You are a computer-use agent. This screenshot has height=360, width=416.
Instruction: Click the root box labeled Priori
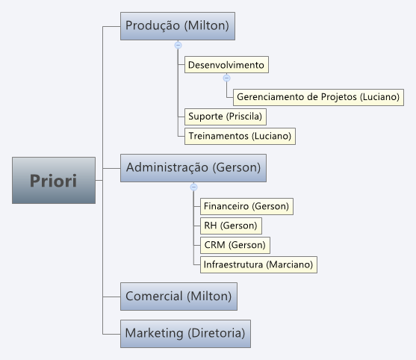(54, 181)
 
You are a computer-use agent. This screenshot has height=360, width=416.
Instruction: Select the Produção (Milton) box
(178, 26)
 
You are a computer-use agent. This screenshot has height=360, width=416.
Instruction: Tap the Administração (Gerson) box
(193, 168)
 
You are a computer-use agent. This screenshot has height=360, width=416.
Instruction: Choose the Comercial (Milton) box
(178, 297)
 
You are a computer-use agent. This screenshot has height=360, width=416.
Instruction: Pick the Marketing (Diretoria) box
(185, 333)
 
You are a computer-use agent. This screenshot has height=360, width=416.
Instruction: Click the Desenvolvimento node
(226, 64)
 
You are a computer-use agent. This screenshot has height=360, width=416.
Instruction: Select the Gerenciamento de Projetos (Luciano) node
(318, 97)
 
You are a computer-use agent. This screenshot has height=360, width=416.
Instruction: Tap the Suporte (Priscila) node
(226, 117)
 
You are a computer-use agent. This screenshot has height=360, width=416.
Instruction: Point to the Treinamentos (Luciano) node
(240, 136)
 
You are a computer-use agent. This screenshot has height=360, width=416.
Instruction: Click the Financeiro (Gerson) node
(246, 206)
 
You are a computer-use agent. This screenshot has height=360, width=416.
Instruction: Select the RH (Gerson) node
(231, 226)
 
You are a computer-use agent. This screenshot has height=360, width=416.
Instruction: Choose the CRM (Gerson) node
(235, 245)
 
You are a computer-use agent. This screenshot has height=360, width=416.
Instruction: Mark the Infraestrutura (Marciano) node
(258, 264)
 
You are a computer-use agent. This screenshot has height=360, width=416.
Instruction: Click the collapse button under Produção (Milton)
(178, 45)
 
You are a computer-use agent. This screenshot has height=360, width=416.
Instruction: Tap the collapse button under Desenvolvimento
(226, 78)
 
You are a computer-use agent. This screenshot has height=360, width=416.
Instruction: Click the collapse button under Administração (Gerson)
(193, 187)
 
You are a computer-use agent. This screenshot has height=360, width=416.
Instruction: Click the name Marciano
(289, 264)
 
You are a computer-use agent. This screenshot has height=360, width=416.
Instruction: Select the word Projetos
(339, 97)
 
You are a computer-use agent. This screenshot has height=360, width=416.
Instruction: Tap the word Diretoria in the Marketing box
(217, 333)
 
